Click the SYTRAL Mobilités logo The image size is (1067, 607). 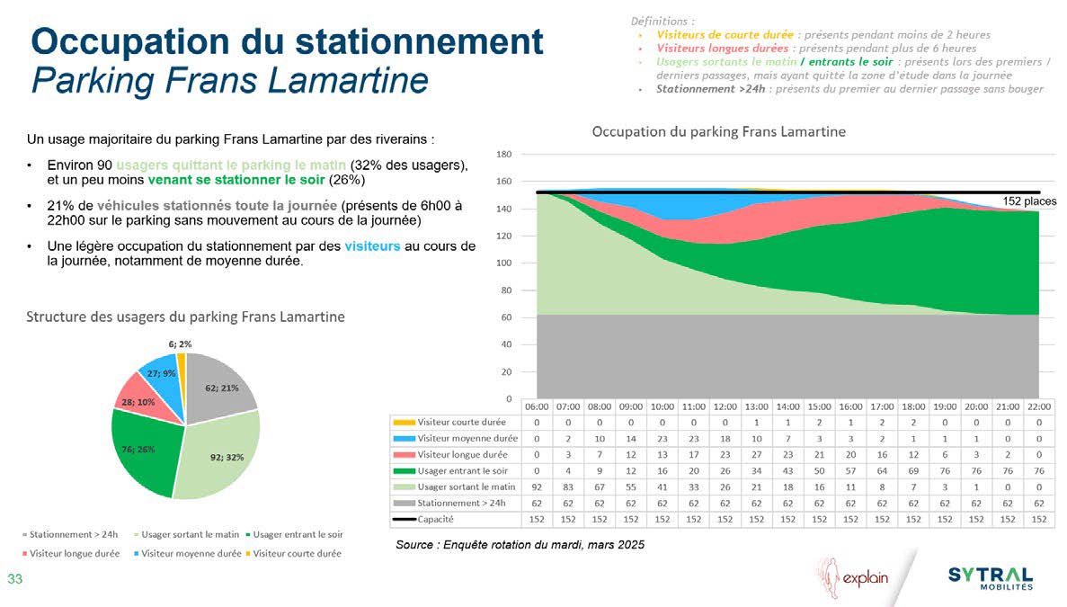pyautogui.click(x=991, y=578)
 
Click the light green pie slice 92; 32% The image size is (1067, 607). pyautogui.click(x=220, y=454)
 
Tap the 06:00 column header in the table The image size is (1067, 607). pyautogui.click(x=538, y=406)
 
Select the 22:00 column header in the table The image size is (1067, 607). pyautogui.click(x=1039, y=406)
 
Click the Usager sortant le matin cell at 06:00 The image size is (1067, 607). pyautogui.click(x=538, y=486)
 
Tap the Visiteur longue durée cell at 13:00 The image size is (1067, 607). pyautogui.click(x=757, y=454)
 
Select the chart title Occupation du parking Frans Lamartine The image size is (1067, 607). pyautogui.click(x=718, y=132)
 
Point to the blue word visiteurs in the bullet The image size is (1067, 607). pyautogui.click(x=372, y=247)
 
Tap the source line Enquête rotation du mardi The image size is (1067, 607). pyautogui.click(x=520, y=545)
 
